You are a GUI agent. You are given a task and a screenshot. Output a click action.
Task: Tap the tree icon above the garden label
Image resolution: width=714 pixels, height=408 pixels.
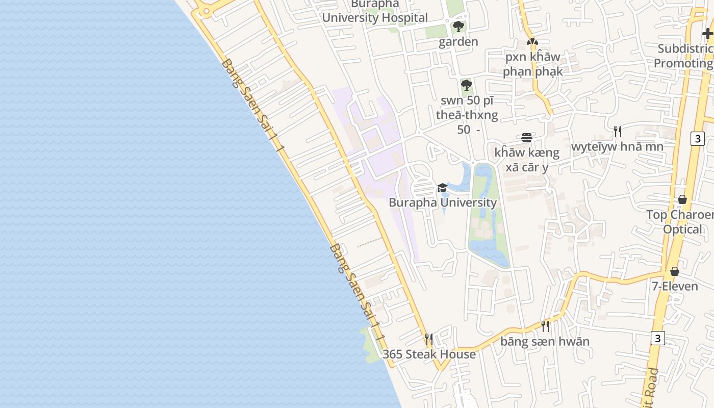(x=458, y=27)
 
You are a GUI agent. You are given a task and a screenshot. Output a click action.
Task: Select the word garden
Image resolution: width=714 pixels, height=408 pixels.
(x=458, y=41)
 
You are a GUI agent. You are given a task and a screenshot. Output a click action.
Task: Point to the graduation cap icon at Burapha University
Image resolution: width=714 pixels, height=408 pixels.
(x=442, y=188)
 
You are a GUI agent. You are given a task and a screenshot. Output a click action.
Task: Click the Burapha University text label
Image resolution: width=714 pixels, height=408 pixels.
(x=442, y=202)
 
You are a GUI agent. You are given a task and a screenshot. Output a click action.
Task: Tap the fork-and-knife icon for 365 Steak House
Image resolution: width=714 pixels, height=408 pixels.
(x=429, y=339)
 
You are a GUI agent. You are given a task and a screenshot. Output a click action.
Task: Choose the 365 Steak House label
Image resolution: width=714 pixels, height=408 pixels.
(x=429, y=354)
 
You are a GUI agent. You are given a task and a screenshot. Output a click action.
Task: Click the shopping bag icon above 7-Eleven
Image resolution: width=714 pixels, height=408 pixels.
(x=675, y=271)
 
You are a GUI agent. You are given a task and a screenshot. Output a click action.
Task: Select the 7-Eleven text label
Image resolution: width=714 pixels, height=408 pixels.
(x=675, y=286)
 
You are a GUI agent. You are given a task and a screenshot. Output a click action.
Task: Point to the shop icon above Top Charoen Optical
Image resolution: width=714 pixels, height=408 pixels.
(x=682, y=199)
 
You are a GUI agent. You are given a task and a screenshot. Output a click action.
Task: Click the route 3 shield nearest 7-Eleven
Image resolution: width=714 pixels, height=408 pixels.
(x=658, y=338)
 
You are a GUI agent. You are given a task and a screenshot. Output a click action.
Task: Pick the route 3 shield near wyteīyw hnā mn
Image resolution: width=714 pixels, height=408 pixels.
(x=698, y=138)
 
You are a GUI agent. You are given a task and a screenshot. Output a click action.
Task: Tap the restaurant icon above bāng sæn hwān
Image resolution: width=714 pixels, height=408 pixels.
(x=545, y=326)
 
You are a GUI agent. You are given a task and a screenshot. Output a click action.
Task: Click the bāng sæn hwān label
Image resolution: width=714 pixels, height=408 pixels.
(x=545, y=341)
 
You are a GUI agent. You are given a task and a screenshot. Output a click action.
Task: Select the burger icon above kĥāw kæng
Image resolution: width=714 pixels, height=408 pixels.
(x=527, y=138)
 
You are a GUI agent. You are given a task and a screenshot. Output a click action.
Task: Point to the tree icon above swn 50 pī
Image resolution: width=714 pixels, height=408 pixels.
(x=466, y=85)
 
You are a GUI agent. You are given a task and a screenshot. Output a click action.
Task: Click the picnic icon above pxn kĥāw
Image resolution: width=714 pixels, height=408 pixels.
(x=532, y=42)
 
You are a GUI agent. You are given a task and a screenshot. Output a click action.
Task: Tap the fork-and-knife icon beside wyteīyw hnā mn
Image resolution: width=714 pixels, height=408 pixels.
(x=617, y=132)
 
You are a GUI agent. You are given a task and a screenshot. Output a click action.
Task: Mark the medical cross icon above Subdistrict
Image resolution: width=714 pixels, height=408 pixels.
(x=707, y=34)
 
